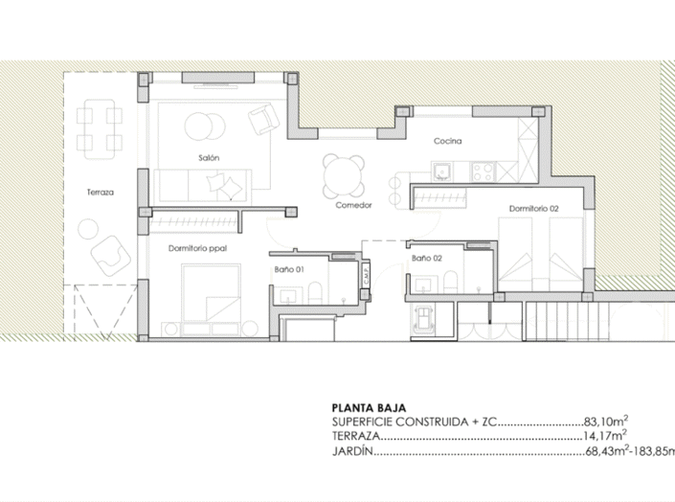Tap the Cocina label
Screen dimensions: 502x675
pyautogui.click(x=447, y=142)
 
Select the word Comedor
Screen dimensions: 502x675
pyautogui.click(x=353, y=205)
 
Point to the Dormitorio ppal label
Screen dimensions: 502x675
pyautogui.click(x=196, y=248)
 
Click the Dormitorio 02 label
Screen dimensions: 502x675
pyautogui.click(x=533, y=207)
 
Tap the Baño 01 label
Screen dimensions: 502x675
pyautogui.click(x=290, y=271)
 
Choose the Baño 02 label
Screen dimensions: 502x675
pyautogui.click(x=426, y=259)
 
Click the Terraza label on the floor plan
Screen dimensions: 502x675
pyautogui.click(x=100, y=193)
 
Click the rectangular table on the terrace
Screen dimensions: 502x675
pyautogui.click(x=100, y=128)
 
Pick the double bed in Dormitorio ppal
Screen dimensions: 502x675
pyautogui.click(x=211, y=296)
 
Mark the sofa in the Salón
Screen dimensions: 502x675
pyautogui.click(x=203, y=182)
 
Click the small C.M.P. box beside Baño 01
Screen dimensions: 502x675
pyautogui.click(x=366, y=275)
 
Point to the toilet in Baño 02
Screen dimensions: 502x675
pyautogui.click(x=448, y=282)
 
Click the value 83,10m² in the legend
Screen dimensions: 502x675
pyautogui.click(x=606, y=421)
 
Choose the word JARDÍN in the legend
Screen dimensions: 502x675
pyautogui.click(x=351, y=451)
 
